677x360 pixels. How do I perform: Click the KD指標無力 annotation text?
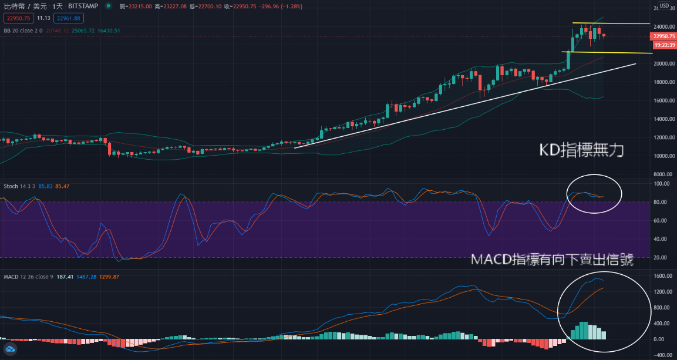(x=581, y=151)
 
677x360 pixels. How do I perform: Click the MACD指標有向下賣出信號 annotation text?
(x=552, y=260)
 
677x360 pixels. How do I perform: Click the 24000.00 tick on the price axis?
(x=662, y=27)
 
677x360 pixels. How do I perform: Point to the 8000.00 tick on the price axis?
(x=662, y=174)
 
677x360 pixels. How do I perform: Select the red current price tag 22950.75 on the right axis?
(x=662, y=36)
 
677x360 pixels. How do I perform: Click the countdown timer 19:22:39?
(x=662, y=44)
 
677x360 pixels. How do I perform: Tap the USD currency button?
(x=664, y=6)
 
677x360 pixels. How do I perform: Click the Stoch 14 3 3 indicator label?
(x=19, y=186)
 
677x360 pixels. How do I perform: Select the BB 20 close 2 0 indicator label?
(x=22, y=31)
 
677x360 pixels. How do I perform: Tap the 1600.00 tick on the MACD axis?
(x=662, y=276)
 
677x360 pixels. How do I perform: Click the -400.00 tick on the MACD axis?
(x=662, y=355)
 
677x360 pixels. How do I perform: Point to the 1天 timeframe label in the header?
(x=58, y=6)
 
